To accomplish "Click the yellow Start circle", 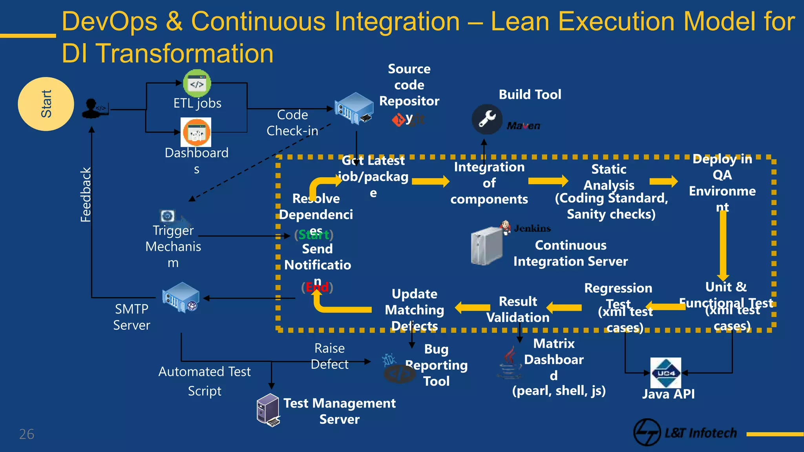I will pyautogui.click(x=46, y=104).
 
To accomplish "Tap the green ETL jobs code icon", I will pyautogui.click(x=197, y=83).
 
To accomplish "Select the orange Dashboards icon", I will pyautogui.click(x=196, y=133).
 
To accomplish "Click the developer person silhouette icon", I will pyautogui.click(x=93, y=108).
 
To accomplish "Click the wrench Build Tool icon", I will pyautogui.click(x=487, y=119).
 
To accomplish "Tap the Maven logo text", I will pyautogui.click(x=523, y=126).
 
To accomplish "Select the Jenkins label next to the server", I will pyautogui.click(x=532, y=228).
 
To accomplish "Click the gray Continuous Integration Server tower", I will pyautogui.click(x=487, y=246).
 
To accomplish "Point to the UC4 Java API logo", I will pyautogui.click(x=666, y=373).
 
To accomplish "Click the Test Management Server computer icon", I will pyautogui.click(x=268, y=410).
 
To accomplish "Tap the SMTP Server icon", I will pyautogui.click(x=181, y=297).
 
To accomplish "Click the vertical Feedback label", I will pyautogui.click(x=86, y=195).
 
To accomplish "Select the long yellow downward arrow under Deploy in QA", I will pyautogui.click(x=723, y=245).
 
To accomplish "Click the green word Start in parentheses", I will pyautogui.click(x=314, y=235).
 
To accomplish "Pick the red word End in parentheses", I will pyautogui.click(x=317, y=287).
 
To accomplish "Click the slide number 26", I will pyautogui.click(x=27, y=434).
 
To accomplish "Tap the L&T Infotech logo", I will pyautogui.click(x=685, y=432).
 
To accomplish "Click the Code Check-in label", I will pyautogui.click(x=292, y=123).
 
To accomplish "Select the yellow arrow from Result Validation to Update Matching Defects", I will pyautogui.click(x=473, y=308).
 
